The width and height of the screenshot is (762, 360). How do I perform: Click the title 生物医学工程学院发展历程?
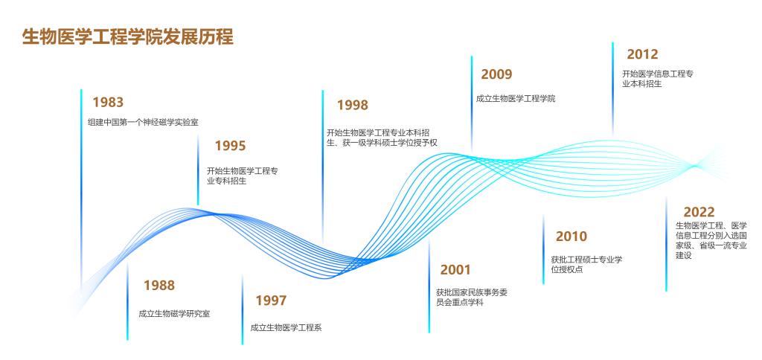point(128,37)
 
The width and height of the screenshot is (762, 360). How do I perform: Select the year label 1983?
point(108,103)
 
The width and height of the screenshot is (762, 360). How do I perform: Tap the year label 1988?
point(159,285)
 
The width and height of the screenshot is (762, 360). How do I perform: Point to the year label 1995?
point(231,146)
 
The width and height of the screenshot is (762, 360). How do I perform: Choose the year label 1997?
point(271,300)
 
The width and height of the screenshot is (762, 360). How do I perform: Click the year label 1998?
point(353,105)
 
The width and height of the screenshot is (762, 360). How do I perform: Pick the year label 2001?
point(456,270)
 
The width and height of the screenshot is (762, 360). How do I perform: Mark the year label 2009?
point(496,74)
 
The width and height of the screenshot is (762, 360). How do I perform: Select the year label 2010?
point(571,237)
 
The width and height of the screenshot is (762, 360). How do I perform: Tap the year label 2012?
point(642,54)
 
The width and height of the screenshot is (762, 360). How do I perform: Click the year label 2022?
point(699,212)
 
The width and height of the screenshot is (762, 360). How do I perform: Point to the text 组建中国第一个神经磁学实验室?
point(143,123)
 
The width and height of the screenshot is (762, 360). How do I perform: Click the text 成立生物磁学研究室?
point(174,314)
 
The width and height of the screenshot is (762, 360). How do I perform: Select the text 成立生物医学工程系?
point(286,328)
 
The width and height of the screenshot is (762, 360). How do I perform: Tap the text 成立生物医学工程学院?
point(516,99)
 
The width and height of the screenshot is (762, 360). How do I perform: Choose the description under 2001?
point(472,298)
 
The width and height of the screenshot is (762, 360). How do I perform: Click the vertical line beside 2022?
point(666,244)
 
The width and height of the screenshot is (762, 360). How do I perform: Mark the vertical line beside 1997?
point(243,309)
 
